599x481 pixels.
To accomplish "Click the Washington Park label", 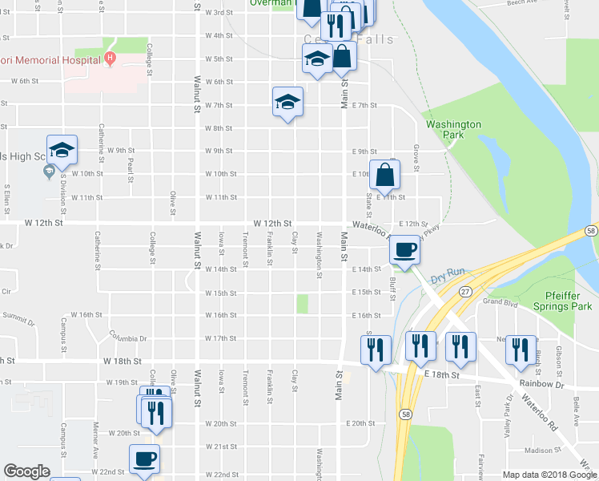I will (x=453, y=130).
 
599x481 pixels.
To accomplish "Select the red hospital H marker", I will (x=110, y=59).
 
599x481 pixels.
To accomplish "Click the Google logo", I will (x=26, y=471).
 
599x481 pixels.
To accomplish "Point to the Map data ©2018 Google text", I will (x=549, y=475).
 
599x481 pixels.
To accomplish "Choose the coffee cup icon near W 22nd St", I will (x=144, y=459).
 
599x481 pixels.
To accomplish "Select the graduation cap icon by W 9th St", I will (x=62, y=149).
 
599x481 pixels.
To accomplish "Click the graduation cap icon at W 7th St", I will (x=287, y=102).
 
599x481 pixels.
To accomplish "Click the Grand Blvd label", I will (x=496, y=302).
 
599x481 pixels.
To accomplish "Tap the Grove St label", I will (x=416, y=157).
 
